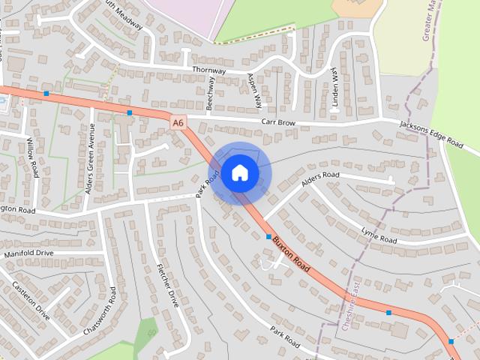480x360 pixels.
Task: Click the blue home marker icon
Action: click(x=239, y=172)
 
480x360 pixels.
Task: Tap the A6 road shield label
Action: click(x=178, y=122)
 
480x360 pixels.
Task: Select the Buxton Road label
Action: click(x=291, y=253)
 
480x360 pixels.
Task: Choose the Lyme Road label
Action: click(x=378, y=235)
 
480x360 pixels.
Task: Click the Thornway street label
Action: click(x=208, y=69)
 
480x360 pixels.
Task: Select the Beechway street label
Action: click(x=211, y=94)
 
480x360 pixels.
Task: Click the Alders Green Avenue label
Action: click(x=89, y=158)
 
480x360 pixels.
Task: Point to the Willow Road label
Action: click(x=33, y=157)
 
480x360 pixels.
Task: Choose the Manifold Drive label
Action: click(x=28, y=254)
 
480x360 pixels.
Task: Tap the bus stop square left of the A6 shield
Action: click(x=130, y=113)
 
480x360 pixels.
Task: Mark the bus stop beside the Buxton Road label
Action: click(x=268, y=236)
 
